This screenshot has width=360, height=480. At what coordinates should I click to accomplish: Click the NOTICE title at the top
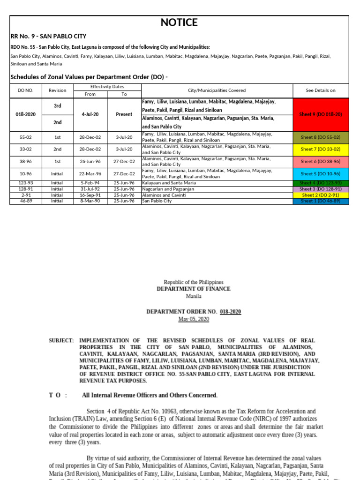coord(179,22)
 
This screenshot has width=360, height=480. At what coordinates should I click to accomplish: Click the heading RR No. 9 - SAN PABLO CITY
coord(48,36)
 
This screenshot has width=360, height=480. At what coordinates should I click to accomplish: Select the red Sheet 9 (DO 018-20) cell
coord(321,114)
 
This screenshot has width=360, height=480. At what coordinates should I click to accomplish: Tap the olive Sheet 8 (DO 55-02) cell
coord(321,137)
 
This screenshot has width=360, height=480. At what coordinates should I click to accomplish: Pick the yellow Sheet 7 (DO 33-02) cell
coord(321,149)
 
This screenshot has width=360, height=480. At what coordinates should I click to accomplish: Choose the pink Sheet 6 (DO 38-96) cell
coord(321,161)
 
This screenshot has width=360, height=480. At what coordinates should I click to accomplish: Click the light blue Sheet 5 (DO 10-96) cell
coord(321,173)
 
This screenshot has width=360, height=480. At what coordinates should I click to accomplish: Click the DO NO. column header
coord(25,90)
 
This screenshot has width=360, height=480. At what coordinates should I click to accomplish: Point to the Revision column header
coord(57,90)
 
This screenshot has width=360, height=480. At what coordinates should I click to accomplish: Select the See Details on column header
coord(321,90)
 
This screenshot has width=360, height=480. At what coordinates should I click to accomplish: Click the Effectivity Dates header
coord(107,87)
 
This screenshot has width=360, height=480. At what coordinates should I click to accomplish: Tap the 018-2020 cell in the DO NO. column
coord(25,114)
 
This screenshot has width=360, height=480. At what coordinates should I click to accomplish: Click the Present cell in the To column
coord(124,114)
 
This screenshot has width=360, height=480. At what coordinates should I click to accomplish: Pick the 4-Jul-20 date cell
coord(90,114)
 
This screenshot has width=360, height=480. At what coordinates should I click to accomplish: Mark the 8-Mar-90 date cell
coord(90,201)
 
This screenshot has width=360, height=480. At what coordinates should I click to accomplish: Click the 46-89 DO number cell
coord(25,201)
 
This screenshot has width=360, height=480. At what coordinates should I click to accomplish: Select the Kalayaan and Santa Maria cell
coord(169,183)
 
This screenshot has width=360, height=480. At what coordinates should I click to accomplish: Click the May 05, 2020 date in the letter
coord(194,319)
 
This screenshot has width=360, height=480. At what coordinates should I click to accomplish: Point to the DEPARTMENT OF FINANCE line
coord(193,289)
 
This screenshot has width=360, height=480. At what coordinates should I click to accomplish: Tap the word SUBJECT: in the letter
coord(61,340)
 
